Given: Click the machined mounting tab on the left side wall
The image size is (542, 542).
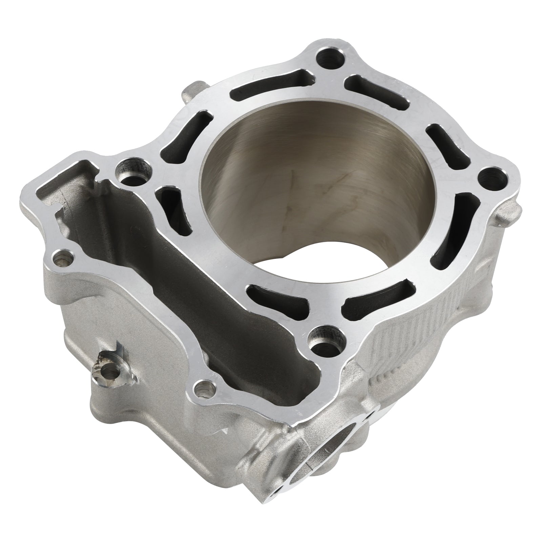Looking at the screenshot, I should [x=112, y=371].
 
